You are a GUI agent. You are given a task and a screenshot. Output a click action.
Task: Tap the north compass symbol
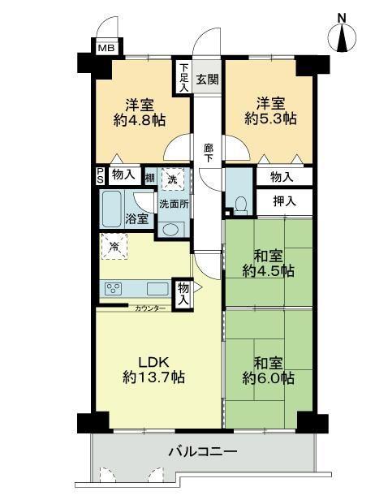pyautogui.click(x=343, y=35)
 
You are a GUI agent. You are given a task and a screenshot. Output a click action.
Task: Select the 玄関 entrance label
pyautogui.click(x=207, y=79)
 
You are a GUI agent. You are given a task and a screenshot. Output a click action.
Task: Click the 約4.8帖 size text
pyautogui.click(x=140, y=120)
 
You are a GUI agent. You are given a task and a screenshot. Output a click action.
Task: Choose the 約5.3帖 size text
pyautogui.click(x=270, y=119)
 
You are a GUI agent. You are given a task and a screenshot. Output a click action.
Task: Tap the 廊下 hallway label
pyautogui.click(x=209, y=153)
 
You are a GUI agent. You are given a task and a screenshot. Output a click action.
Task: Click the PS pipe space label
pyautogui.click(x=101, y=176)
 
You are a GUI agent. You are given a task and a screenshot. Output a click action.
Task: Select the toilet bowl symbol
pyautogui.click(x=240, y=205)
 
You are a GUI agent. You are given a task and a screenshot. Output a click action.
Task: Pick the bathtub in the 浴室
pyautogui.click(x=112, y=209)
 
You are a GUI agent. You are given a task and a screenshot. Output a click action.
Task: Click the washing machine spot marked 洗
pyautogui.click(x=172, y=179)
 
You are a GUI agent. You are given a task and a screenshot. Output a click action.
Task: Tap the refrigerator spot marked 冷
pyautogui.click(x=114, y=247)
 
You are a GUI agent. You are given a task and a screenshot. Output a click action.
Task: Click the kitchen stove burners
pyautogui.click(x=114, y=289)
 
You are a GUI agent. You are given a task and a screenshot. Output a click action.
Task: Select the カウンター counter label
pyautogui.click(x=150, y=308)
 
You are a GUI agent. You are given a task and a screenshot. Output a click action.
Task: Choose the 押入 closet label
pyautogui.click(x=284, y=201)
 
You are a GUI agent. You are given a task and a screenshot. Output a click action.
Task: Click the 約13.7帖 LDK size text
pyautogui.click(x=153, y=378)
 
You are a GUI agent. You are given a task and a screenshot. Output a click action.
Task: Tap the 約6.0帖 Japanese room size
pyautogui.click(x=268, y=378)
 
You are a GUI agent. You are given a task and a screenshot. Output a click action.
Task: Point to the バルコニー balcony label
pyautogui.click(x=203, y=451)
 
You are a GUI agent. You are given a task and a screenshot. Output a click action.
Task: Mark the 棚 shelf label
pyautogui.click(x=150, y=178)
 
